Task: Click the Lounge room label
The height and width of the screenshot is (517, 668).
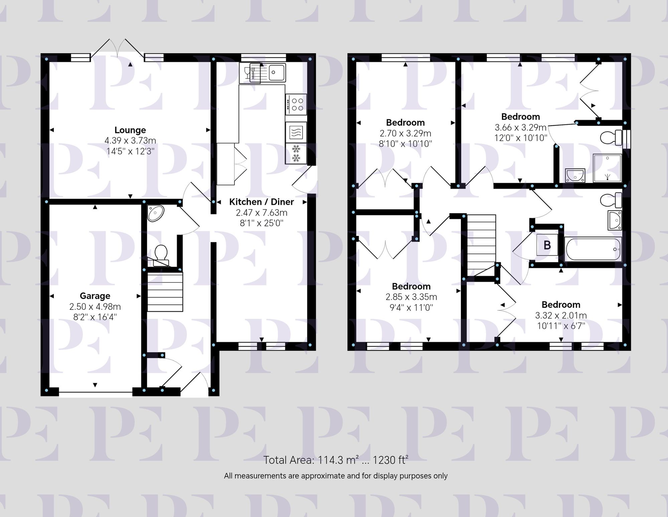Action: (x=130, y=130)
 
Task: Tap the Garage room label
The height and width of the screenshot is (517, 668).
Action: (x=95, y=296)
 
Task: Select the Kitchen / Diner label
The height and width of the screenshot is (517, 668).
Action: (x=261, y=202)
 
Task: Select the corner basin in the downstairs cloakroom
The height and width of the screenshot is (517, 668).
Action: (x=155, y=213)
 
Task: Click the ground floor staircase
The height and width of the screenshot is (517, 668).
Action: (x=165, y=292)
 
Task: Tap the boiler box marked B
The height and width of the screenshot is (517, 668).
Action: (x=547, y=245)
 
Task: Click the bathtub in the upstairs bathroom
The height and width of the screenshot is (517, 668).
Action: (x=593, y=249)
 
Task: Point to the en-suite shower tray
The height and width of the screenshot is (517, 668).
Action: (x=607, y=168)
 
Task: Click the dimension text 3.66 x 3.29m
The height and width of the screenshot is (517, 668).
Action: (x=520, y=127)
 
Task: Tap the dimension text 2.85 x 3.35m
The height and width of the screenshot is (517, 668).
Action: (x=411, y=297)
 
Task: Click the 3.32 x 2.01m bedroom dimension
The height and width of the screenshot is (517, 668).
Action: (x=561, y=315)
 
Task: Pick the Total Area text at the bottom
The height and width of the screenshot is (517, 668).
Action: (x=336, y=460)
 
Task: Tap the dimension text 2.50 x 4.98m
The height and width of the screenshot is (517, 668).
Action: (x=95, y=306)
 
